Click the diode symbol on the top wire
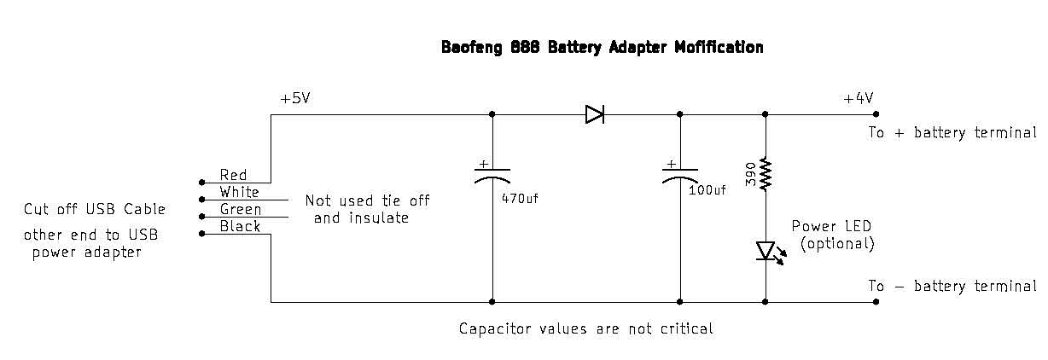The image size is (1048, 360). [x=595, y=114]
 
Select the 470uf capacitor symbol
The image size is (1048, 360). [x=492, y=176]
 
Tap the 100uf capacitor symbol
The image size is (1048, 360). [x=680, y=176]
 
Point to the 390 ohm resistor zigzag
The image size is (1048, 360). [x=766, y=174]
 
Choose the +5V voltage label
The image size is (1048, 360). [x=294, y=98]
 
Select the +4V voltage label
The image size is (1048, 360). [x=858, y=98]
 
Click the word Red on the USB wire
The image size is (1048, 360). [x=233, y=175]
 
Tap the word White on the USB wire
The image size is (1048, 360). [x=239, y=192]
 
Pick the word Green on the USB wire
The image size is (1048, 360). [x=241, y=209]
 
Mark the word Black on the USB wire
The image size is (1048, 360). [x=240, y=226]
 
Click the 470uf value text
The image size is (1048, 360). [x=520, y=199]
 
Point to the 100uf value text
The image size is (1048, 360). [x=707, y=190]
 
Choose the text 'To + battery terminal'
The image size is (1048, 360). [x=952, y=133]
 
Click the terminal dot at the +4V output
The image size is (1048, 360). [x=876, y=114]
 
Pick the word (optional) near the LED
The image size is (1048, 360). [x=837, y=243]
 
